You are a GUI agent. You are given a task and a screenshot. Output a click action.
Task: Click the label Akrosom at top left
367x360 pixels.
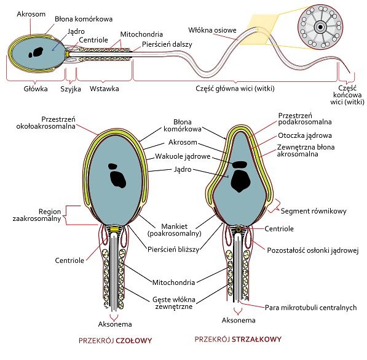(x=31, y=14)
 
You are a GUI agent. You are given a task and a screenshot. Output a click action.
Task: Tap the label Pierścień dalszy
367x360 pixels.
(x=167, y=44)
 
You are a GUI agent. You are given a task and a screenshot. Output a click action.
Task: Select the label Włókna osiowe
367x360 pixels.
(x=212, y=30)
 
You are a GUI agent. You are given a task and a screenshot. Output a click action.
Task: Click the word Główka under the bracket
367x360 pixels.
(x=36, y=89)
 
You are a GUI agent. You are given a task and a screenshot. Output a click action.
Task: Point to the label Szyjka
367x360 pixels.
(x=71, y=89)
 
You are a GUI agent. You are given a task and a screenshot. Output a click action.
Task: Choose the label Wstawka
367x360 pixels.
(x=104, y=89)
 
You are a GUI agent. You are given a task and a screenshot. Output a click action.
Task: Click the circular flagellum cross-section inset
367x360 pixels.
(x=320, y=28)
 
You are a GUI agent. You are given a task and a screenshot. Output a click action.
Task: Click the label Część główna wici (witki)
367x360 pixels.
(x=235, y=89)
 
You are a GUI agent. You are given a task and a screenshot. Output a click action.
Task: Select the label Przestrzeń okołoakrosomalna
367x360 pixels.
(x=46, y=122)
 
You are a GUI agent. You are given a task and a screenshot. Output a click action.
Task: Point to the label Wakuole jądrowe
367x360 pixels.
(x=183, y=156)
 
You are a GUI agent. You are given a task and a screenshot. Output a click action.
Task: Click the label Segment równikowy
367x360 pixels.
(x=314, y=211)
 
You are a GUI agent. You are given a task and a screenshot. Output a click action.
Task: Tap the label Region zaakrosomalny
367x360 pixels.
(x=37, y=215)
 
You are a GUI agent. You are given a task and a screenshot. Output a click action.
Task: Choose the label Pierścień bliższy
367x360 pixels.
(x=173, y=249)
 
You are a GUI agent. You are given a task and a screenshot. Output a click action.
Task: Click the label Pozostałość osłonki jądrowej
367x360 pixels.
(x=313, y=250)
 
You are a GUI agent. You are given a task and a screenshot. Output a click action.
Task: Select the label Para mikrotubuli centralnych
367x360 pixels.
(x=311, y=308)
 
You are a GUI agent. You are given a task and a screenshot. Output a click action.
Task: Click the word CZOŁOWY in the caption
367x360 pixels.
(x=134, y=340)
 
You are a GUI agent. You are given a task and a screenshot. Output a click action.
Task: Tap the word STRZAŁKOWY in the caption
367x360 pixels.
(x=256, y=339)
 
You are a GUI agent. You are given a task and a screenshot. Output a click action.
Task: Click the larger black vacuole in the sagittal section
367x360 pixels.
(x=241, y=180)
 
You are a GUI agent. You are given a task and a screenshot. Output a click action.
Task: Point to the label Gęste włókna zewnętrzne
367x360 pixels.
(x=174, y=303)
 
